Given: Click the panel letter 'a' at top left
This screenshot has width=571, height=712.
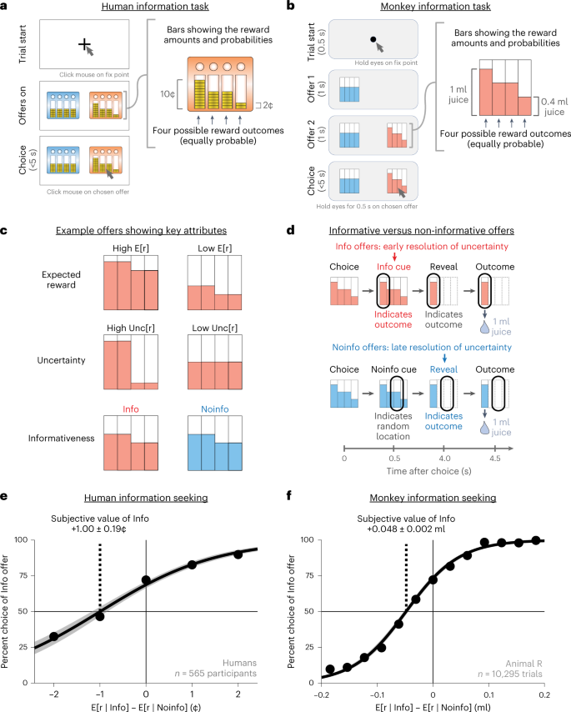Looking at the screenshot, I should pos(6,6).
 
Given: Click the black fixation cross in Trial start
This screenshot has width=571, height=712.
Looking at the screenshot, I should pos(83,43).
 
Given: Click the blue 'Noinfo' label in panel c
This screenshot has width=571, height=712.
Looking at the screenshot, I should pos(215,409).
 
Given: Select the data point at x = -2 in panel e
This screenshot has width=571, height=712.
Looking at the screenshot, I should pos(53,637).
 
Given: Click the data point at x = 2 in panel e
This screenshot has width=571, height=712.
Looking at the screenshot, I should pos(238,577).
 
